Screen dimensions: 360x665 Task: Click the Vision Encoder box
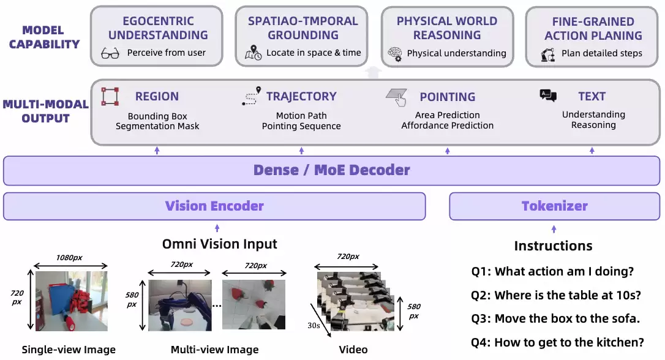(x=214, y=206)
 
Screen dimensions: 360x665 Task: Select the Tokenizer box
(x=554, y=206)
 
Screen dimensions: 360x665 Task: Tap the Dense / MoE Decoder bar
(x=331, y=170)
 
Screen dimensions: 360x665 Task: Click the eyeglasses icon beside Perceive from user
(x=110, y=53)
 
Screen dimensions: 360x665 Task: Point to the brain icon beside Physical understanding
(x=394, y=53)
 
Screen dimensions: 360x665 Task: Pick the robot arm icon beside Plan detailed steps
(x=547, y=54)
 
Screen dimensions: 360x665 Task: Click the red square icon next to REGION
(x=110, y=97)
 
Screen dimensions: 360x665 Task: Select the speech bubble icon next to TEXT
(x=548, y=95)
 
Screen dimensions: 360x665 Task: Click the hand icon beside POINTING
(x=396, y=96)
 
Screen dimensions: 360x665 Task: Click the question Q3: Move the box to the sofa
(x=555, y=318)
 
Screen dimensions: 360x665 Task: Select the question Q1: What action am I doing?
(x=552, y=271)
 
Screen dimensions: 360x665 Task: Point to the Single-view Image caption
(x=69, y=350)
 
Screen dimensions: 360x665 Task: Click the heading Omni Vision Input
(x=219, y=244)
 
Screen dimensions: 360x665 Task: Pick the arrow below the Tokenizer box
(x=554, y=229)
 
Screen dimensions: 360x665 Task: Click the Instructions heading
(x=553, y=246)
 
